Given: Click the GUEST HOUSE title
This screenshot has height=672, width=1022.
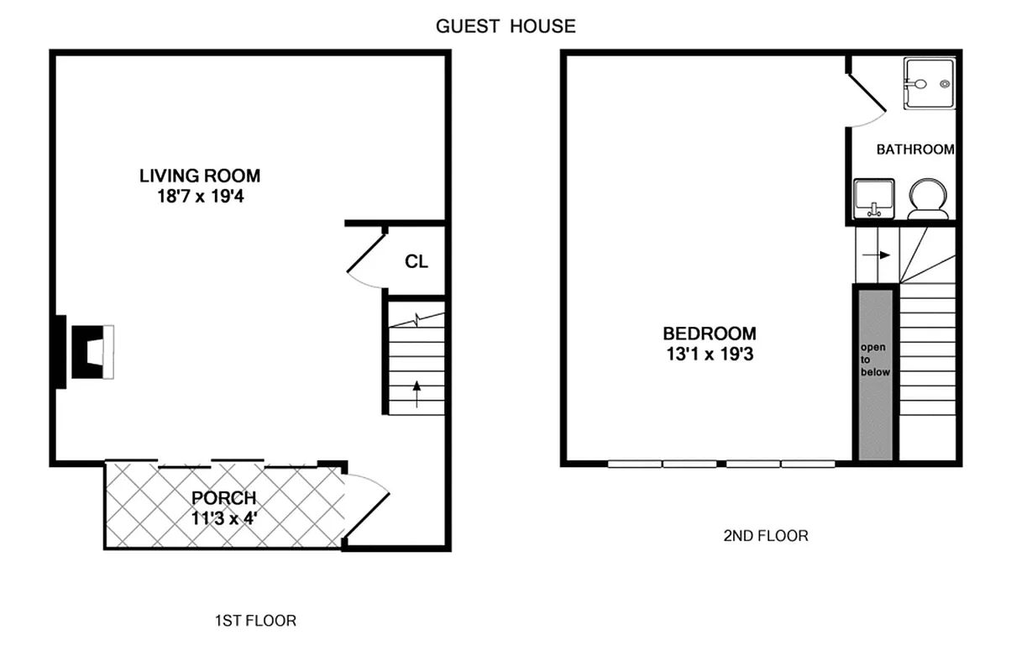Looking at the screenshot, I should click(x=506, y=26).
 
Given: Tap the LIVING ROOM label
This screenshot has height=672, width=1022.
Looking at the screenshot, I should click(x=200, y=176).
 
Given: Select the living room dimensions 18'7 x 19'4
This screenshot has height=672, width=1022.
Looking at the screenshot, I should click(x=200, y=197).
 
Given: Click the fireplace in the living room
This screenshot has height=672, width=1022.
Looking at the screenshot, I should click(x=88, y=352).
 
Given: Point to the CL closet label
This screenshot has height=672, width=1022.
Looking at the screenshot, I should click(x=417, y=261).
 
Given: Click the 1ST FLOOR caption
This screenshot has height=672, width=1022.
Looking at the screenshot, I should click(x=254, y=621).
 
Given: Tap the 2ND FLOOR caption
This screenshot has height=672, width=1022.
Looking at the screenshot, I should click(x=766, y=535).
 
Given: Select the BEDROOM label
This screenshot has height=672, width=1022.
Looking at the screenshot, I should click(x=710, y=333).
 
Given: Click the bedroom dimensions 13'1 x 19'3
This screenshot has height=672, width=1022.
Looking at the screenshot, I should click(x=710, y=354).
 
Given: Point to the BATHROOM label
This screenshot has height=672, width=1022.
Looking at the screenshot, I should click(x=915, y=150).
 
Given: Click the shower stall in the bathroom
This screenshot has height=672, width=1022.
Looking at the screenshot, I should click(x=929, y=83).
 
